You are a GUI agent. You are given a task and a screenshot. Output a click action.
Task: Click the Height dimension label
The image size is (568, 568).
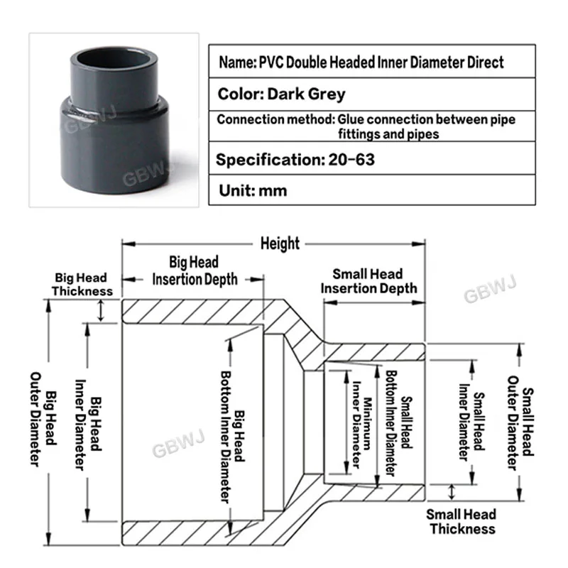(x=280, y=244)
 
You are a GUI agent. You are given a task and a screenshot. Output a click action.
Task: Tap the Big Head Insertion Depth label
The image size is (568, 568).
(x=195, y=271)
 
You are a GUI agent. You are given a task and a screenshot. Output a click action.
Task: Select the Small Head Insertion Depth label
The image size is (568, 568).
(x=368, y=281)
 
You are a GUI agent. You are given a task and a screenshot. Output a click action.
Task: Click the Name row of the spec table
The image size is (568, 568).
(x=361, y=62)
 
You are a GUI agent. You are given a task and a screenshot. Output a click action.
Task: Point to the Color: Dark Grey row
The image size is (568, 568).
(x=281, y=94)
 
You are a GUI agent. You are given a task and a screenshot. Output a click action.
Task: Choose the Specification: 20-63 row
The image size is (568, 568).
(x=295, y=160)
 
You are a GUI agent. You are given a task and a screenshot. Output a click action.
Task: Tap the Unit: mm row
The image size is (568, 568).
(x=252, y=191)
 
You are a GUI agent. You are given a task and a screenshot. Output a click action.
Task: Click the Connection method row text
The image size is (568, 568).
(x=366, y=126)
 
